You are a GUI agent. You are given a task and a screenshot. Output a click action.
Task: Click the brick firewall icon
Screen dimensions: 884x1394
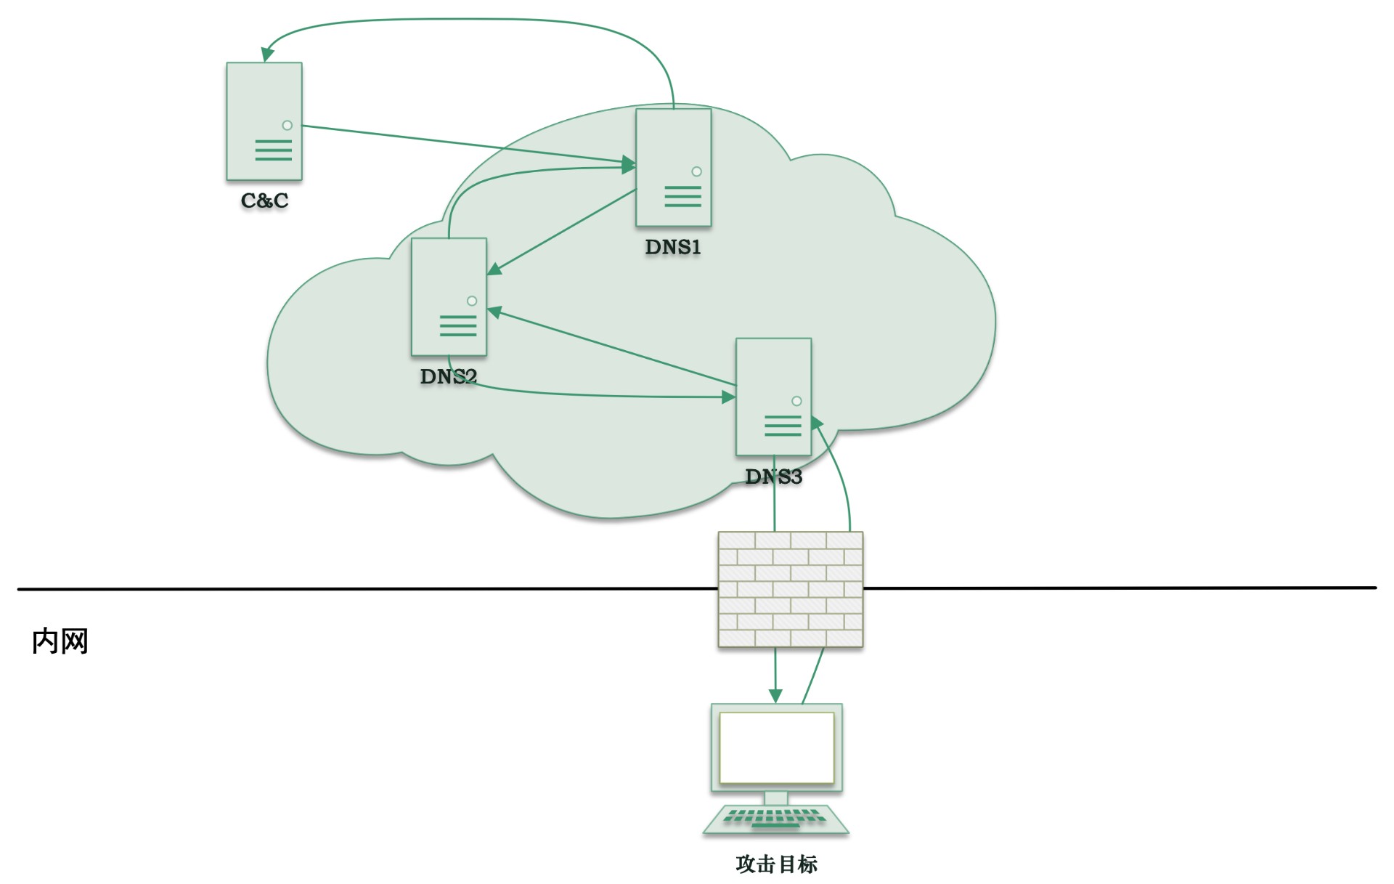pyautogui.click(x=790, y=589)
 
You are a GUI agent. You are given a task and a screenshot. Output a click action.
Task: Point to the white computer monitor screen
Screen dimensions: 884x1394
pyautogui.click(x=776, y=747)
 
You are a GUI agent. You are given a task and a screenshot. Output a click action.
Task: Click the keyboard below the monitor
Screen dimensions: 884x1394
pyautogui.click(x=775, y=819)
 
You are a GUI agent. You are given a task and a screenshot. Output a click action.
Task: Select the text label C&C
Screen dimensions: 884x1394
pyautogui.click(x=264, y=200)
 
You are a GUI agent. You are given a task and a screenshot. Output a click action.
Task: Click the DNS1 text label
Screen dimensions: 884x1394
pyautogui.click(x=673, y=247)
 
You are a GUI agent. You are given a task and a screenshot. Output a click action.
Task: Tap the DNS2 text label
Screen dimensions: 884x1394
pyautogui.click(x=448, y=376)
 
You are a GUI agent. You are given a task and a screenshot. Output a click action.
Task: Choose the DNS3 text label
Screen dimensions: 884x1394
pyautogui.click(x=773, y=477)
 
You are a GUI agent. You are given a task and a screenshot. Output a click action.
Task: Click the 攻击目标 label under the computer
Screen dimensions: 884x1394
pyautogui.click(x=776, y=864)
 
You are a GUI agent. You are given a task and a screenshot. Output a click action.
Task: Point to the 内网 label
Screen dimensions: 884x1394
pyautogui.click(x=60, y=641)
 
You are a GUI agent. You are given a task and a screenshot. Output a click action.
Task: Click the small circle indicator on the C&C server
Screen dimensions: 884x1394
pyautogui.click(x=288, y=125)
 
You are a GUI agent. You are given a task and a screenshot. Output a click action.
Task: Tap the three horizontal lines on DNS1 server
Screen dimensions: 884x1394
pyautogui.click(x=682, y=196)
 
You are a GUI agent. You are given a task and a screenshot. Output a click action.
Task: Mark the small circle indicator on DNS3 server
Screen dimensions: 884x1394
pyautogui.click(x=796, y=401)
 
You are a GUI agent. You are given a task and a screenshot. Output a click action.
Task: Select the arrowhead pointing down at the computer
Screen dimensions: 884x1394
pyautogui.click(x=775, y=696)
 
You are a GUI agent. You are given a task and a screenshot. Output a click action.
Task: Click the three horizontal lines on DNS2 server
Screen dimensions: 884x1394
pyautogui.click(x=458, y=325)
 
